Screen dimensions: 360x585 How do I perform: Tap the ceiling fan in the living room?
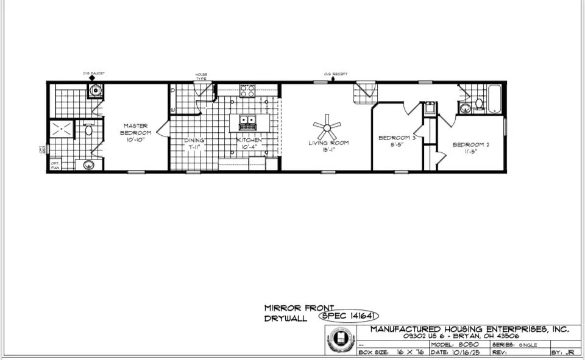pos(327,127)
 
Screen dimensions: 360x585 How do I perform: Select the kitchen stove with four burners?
pos(247,91)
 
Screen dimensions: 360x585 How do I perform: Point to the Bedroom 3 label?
pos(397,138)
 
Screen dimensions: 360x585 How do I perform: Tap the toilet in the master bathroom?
pos(88,129)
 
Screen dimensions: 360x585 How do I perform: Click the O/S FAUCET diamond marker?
pos(92,78)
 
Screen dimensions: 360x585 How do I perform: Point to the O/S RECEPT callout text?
pos(336,74)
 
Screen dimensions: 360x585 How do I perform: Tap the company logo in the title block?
pos(341,340)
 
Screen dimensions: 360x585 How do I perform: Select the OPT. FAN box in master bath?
pos(55,164)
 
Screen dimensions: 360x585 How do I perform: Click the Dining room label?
pos(195,140)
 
